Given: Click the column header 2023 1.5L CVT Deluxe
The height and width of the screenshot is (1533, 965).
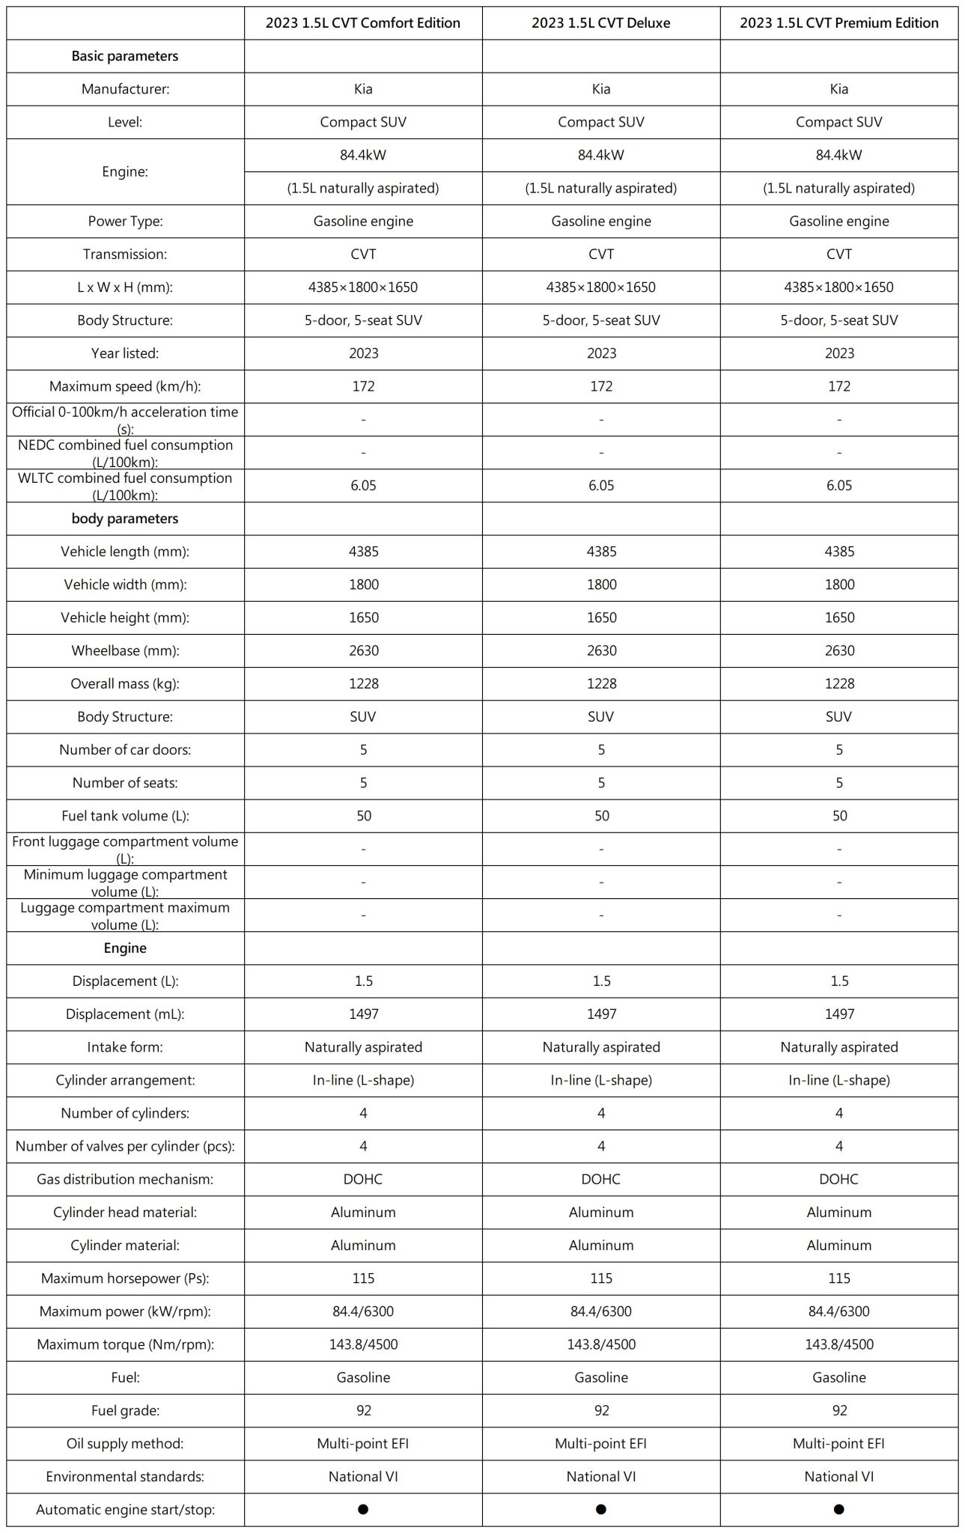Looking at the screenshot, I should coord(601,23).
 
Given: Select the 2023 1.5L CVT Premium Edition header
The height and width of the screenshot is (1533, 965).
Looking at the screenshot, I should coord(839,23).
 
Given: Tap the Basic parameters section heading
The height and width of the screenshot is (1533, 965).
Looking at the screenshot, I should coord(125,56).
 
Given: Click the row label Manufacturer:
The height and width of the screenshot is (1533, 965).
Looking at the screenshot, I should coord(125,89).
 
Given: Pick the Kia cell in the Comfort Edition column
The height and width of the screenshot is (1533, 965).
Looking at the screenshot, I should coord(363,89).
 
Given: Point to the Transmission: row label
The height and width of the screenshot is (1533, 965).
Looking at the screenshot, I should coord(125,254).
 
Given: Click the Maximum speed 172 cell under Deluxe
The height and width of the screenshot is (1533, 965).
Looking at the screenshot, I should coord(601,386).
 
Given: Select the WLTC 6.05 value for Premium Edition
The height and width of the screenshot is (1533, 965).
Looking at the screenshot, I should coord(839,485).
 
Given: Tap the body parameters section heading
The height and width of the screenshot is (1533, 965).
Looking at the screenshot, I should coord(125,518).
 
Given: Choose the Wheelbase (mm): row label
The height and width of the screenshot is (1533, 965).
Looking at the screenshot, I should coord(125,650).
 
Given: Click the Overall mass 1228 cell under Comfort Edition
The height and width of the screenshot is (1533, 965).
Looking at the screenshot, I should coord(363,683).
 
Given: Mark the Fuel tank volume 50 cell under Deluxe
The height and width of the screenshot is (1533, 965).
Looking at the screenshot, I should coord(601,815).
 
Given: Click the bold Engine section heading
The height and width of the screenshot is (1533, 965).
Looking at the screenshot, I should coord(125,948).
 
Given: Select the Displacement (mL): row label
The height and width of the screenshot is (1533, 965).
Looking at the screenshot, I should coord(125,1014).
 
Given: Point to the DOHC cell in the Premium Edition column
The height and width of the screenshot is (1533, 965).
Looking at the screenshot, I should coord(839,1179).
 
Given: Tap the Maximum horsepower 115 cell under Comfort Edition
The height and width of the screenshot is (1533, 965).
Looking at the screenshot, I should coord(363,1278).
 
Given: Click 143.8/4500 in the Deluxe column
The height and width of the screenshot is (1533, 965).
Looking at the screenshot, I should coord(601,1344).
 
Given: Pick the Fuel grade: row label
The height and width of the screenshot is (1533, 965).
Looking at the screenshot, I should coord(125,1410).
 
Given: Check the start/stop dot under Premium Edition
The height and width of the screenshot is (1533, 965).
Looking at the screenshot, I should coord(839,1509).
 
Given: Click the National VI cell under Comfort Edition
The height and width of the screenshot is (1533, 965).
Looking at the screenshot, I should coord(363,1476).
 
